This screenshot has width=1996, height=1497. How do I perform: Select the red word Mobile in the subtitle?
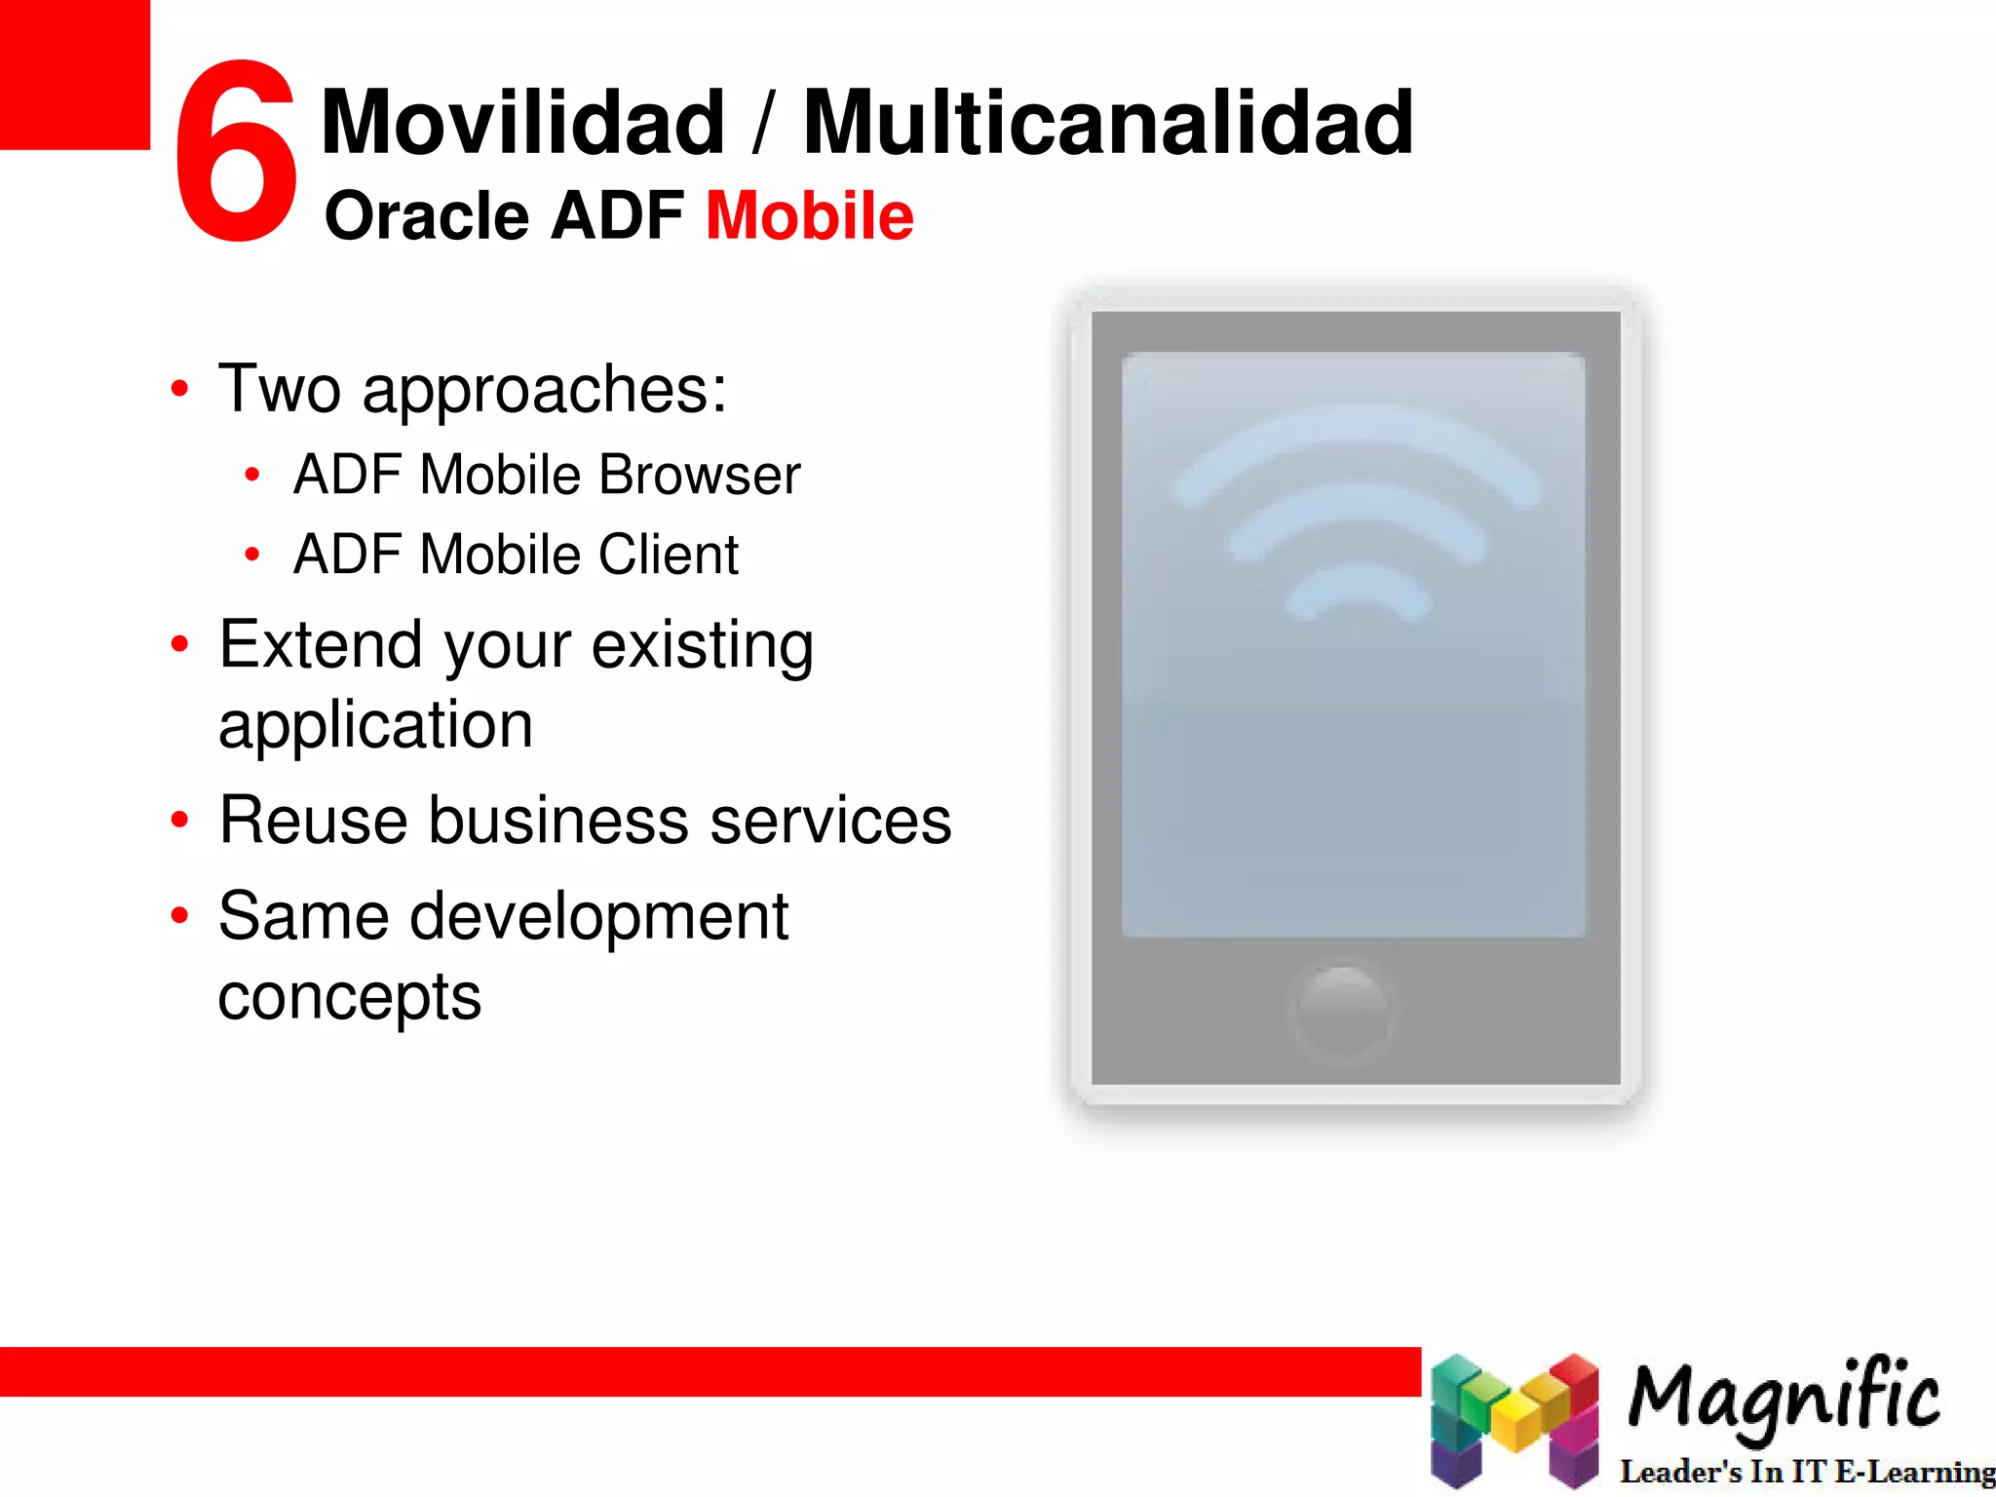(x=810, y=215)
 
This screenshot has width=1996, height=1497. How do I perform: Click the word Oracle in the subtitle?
(x=427, y=215)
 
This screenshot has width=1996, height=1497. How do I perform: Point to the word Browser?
(x=699, y=476)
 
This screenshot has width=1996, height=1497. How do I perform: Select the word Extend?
(x=321, y=645)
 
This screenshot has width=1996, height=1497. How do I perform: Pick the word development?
(x=599, y=918)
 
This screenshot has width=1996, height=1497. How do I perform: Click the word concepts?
(x=350, y=998)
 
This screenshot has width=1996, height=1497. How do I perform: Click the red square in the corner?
(x=74, y=74)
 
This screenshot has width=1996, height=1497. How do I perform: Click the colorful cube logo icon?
(x=1514, y=1421)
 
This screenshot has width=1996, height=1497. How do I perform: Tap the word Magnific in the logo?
(x=1785, y=1397)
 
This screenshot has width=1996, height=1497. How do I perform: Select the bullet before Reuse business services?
(x=179, y=820)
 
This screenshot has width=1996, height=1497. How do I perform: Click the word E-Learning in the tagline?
(x=1915, y=1472)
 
